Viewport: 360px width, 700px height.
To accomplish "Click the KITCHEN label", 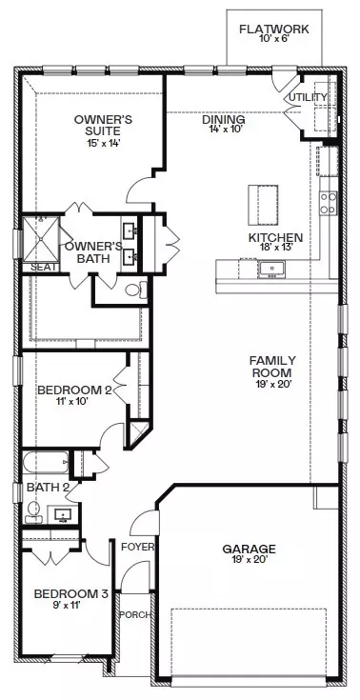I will tap(275, 238).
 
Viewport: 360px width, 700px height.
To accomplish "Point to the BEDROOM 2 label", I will tap(75, 390).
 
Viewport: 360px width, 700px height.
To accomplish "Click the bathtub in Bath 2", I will tap(44, 463).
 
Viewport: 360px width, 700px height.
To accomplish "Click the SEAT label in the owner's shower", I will tap(42, 268).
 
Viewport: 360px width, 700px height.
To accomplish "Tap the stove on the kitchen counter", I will tap(328, 203).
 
